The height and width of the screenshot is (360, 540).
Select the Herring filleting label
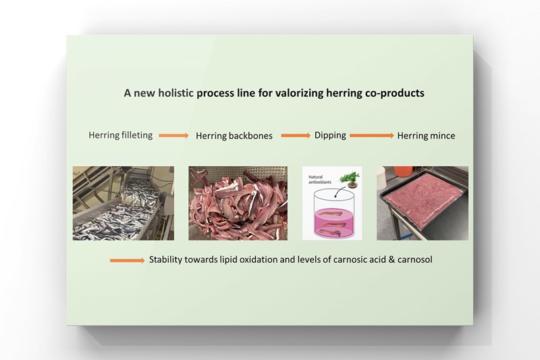119,135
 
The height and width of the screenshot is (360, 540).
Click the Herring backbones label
234,136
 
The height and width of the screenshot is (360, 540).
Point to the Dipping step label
330,135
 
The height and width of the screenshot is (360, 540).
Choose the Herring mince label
426,136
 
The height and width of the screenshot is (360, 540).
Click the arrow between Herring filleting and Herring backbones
173,136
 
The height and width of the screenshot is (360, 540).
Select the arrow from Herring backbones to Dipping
296,136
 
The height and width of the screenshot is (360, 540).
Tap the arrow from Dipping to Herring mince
371,136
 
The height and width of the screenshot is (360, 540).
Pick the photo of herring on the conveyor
123,203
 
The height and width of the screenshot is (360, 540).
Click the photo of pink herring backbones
238,203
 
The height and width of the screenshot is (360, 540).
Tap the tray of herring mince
422,203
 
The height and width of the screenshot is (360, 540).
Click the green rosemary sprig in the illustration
350,177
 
